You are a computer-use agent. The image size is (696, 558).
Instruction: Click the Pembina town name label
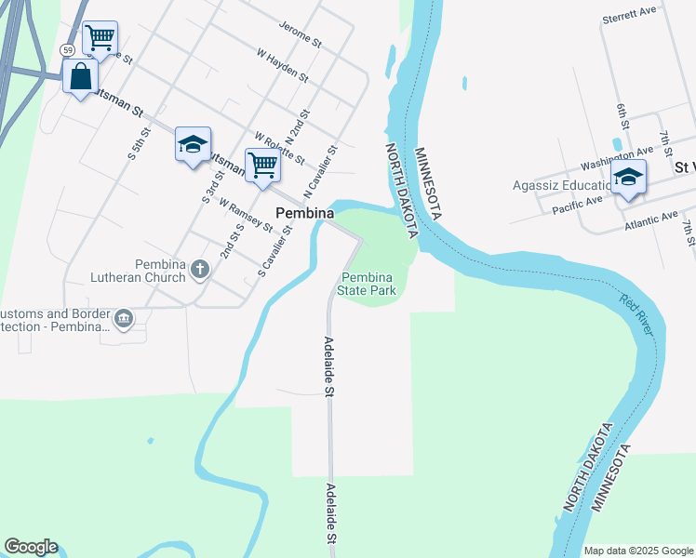click(304, 213)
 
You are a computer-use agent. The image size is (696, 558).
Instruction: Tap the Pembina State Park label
click(368, 284)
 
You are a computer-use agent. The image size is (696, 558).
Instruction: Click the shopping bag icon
click(81, 76)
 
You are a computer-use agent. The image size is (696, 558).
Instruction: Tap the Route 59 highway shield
click(67, 49)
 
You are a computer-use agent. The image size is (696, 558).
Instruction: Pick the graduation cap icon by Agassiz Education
click(628, 177)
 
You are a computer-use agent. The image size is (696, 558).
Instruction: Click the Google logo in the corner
click(31, 547)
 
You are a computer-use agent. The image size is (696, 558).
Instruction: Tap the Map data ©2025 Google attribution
click(638, 551)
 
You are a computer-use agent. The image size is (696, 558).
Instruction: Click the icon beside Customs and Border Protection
click(124, 320)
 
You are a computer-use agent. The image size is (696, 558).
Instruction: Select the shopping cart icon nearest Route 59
click(100, 38)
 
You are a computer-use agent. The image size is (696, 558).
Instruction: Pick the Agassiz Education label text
click(557, 185)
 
